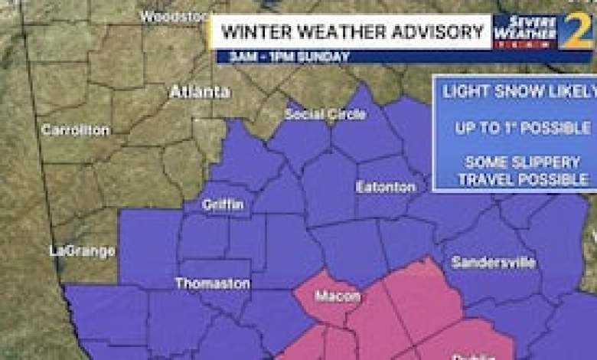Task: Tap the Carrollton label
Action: [x=75, y=130]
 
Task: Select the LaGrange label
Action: [x=82, y=250]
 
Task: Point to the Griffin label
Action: [x=223, y=205]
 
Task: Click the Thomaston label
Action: [x=212, y=283]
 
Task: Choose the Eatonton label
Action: [x=386, y=187]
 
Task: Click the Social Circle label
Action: [x=325, y=115]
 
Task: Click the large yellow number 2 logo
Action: [x=576, y=33]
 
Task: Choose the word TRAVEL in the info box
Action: [x=487, y=180]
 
